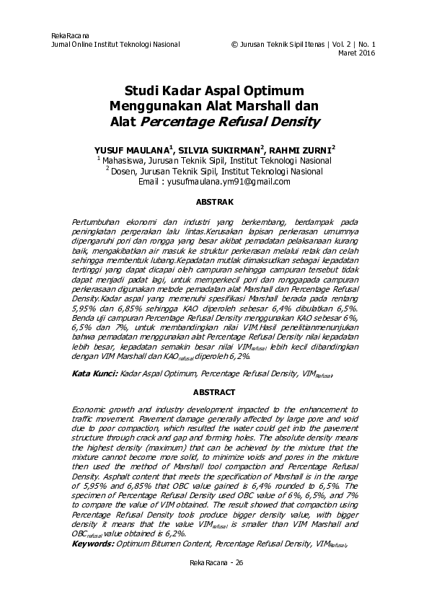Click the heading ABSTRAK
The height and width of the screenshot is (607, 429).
tap(214, 204)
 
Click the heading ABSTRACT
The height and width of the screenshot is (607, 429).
tap(214, 392)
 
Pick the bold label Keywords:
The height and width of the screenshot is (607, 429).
tap(94, 543)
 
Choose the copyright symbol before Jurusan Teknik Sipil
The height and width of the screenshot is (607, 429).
tap(234, 44)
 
